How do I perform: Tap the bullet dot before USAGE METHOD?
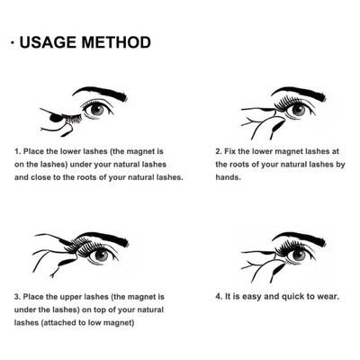coord(8,43)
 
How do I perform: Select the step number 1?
coord(17,152)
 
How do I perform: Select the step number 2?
coord(219,152)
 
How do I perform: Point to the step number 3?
coord(17,294)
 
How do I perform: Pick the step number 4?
coord(219,294)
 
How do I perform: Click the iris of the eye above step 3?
coord(101,255)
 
